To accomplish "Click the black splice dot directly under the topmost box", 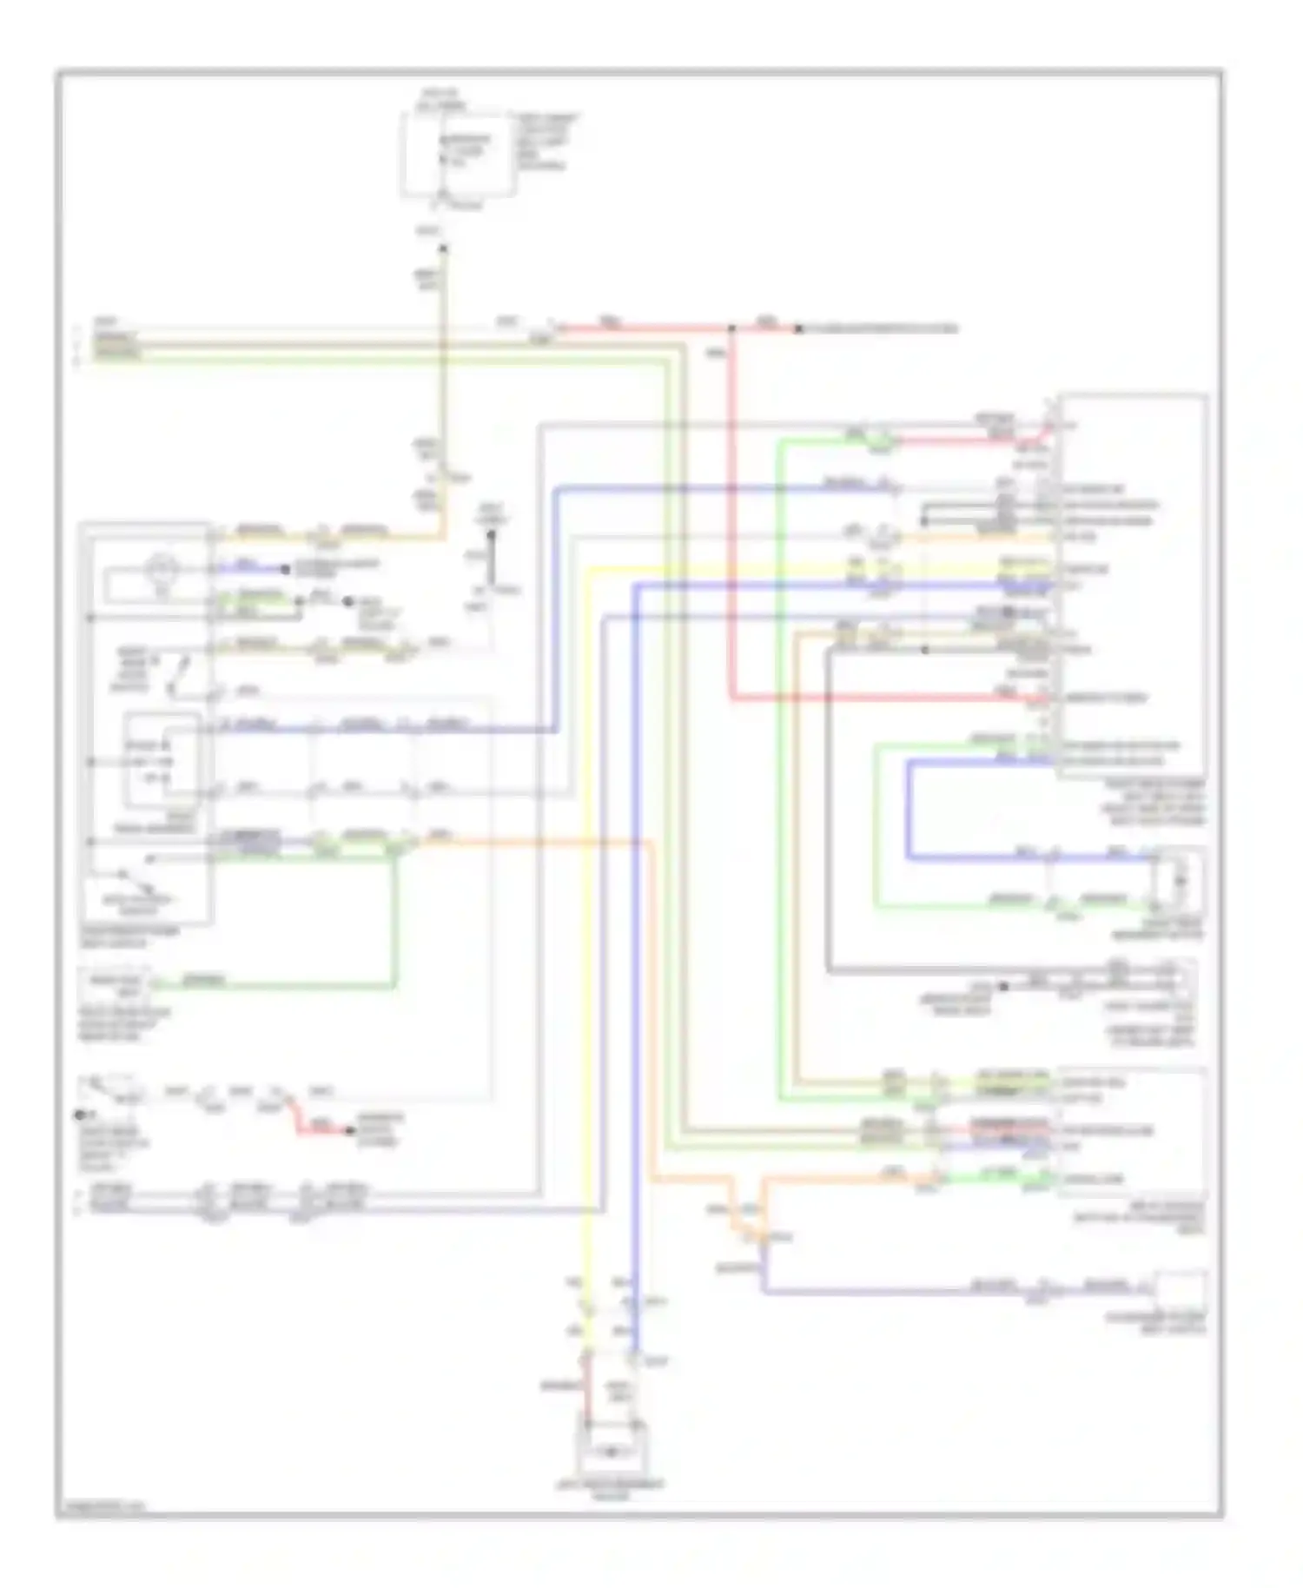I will [x=443, y=248].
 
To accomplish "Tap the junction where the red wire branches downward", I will [x=732, y=328].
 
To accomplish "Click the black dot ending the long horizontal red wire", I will [x=798, y=328].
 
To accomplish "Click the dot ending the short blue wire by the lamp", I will [x=286, y=570].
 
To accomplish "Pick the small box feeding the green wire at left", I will [x=116, y=984].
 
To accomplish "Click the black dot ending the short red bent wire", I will [x=349, y=1130].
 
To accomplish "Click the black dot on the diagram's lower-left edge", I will [x=80, y=1115].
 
